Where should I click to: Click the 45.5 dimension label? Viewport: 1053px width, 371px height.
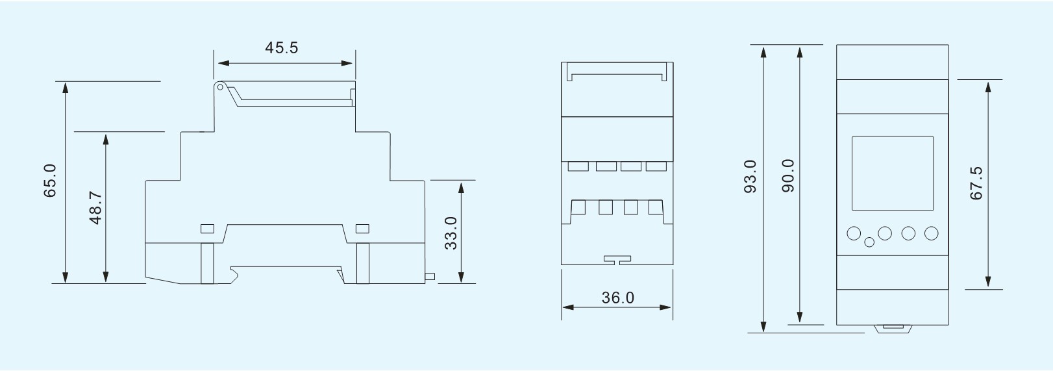pyautogui.click(x=282, y=48)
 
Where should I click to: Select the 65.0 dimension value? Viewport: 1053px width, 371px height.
pyautogui.click(x=50, y=181)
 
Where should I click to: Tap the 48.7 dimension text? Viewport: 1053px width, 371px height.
pyautogui.click(x=95, y=207)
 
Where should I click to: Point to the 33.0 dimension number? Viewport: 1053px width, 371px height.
pyautogui.click(x=451, y=233)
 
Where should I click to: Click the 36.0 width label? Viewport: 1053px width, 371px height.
pyautogui.click(x=617, y=298)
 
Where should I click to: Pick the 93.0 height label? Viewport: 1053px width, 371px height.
pyautogui.click(x=750, y=176)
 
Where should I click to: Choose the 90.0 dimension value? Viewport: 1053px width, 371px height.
pyautogui.click(x=788, y=175)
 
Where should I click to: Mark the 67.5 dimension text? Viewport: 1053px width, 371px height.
pyautogui.click(x=976, y=183)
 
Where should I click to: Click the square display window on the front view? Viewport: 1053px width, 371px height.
pyautogui.click(x=893, y=173)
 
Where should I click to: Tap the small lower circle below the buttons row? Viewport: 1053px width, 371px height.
pyautogui.click(x=870, y=242)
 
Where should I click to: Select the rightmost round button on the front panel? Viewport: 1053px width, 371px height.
pyautogui.click(x=931, y=233)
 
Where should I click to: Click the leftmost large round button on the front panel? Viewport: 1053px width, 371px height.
pyautogui.click(x=854, y=233)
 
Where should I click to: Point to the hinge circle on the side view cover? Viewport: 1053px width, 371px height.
pyautogui.click(x=219, y=86)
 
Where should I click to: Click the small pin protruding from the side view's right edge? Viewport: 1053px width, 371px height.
pyautogui.click(x=430, y=277)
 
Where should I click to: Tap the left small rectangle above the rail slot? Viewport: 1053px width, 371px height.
pyautogui.click(x=207, y=229)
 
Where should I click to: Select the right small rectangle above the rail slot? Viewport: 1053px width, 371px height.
pyautogui.click(x=362, y=229)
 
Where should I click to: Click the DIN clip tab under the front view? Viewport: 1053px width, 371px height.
pyautogui.click(x=893, y=329)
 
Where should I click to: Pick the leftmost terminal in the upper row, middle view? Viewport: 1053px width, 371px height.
pyautogui.click(x=578, y=166)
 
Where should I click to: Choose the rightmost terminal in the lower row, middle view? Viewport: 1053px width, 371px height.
pyautogui.click(x=656, y=207)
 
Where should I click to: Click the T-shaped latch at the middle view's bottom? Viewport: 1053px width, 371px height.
pyautogui.click(x=617, y=259)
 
